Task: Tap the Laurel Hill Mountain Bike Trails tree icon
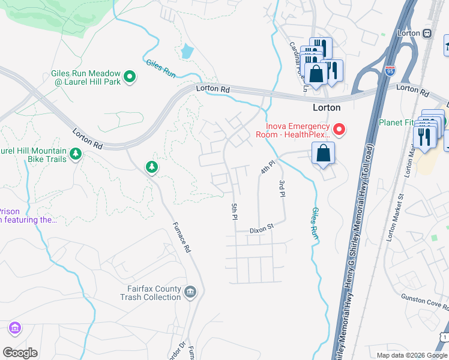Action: click(x=76, y=154)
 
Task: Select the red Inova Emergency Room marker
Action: click(x=339, y=130)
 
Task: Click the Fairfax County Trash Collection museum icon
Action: click(x=190, y=292)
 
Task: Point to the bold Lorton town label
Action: click(x=327, y=108)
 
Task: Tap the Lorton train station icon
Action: click(x=427, y=33)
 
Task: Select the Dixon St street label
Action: click(x=262, y=228)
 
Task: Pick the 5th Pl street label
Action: click(x=234, y=211)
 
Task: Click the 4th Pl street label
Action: click(x=267, y=167)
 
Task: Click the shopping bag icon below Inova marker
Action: click(x=323, y=152)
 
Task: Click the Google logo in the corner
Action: click(x=20, y=353)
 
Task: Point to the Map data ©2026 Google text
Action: click(x=412, y=355)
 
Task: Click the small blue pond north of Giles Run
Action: click(x=187, y=52)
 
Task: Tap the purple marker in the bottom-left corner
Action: click(x=14, y=328)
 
